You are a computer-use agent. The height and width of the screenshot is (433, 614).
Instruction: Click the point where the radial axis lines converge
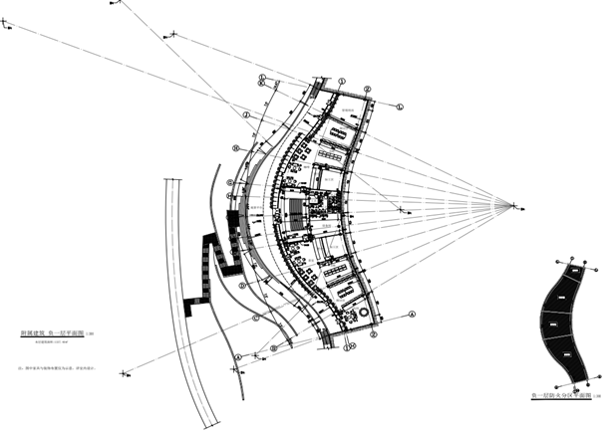pyautogui.click(x=514, y=206)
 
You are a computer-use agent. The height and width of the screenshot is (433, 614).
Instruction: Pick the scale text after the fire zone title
pyautogui.click(x=595, y=397)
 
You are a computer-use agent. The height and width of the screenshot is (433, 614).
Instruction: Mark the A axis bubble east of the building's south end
pyautogui.click(x=411, y=311)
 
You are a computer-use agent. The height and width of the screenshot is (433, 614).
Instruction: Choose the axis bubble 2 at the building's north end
pyautogui.click(x=367, y=90)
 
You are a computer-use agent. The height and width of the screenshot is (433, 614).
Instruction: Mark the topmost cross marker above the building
pyautogui.click(x=174, y=35)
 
